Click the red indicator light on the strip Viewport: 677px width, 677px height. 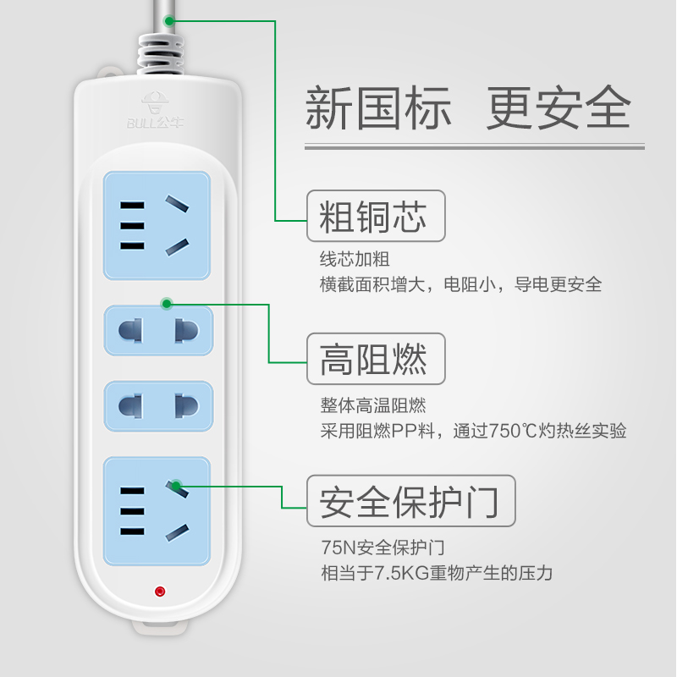[160, 592]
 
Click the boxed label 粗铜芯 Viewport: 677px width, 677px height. [375, 216]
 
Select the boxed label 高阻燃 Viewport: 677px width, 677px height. [375, 359]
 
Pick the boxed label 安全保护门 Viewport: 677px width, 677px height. [410, 500]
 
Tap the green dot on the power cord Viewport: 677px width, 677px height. [169, 19]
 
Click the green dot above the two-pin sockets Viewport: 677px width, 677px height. [167, 302]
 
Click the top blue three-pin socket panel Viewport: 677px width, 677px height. [157, 225]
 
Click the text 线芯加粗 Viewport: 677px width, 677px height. [355, 259]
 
